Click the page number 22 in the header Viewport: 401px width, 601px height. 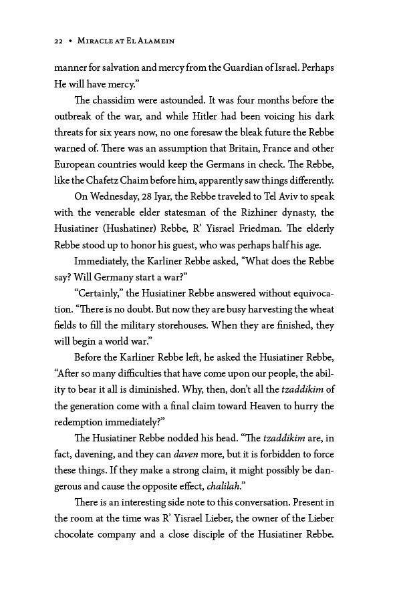[x=58, y=41]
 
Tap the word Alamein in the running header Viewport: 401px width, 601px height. [x=152, y=41]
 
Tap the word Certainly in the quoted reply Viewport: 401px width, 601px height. [x=102, y=292]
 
